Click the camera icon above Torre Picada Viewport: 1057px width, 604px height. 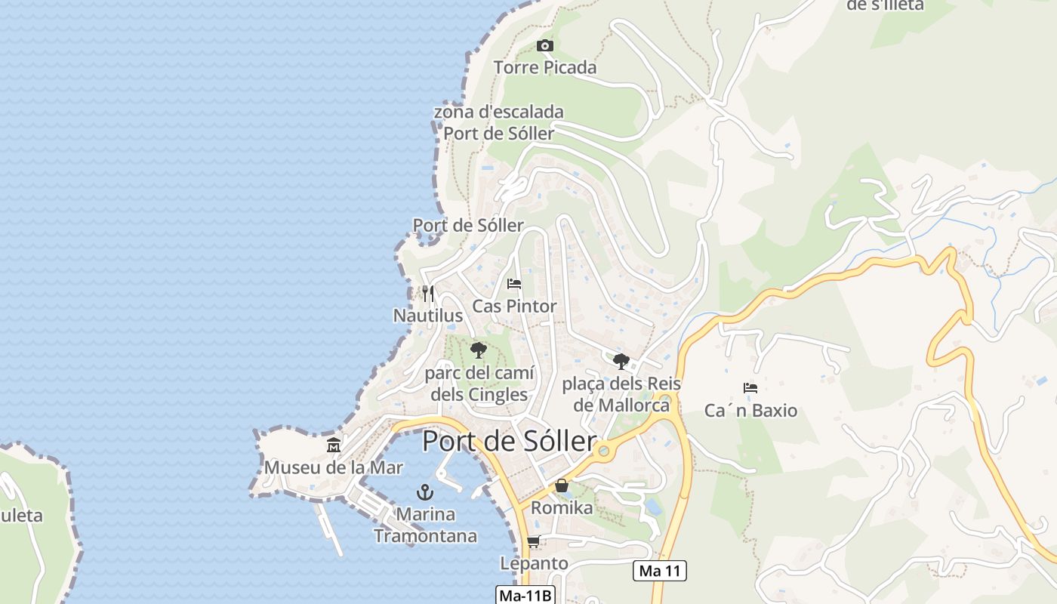click(544, 46)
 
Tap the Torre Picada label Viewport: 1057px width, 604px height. click(544, 68)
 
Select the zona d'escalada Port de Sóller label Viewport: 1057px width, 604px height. click(498, 123)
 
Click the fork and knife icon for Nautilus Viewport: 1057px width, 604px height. click(427, 294)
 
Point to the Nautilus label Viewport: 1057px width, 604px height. click(428, 315)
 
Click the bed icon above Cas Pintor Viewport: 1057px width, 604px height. click(514, 285)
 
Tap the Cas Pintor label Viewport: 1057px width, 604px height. click(514, 307)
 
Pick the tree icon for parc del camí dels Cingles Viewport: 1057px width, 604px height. click(478, 350)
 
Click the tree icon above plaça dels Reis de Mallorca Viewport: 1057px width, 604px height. click(621, 362)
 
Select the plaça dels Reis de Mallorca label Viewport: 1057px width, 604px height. click(621, 394)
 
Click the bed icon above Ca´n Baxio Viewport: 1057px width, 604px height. click(750, 388)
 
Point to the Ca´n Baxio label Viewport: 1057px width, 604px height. click(750, 411)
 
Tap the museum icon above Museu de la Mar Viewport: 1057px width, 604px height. click(334, 445)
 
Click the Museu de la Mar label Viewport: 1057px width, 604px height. click(334, 467)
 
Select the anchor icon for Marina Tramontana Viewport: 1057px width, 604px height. click(425, 492)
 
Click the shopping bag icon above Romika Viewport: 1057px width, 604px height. click(562, 485)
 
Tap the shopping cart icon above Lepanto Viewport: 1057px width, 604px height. click(533, 541)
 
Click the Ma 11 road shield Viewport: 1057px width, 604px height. click(660, 571)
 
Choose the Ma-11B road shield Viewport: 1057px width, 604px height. click(526, 595)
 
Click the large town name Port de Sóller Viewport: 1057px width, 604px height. click(509, 442)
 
